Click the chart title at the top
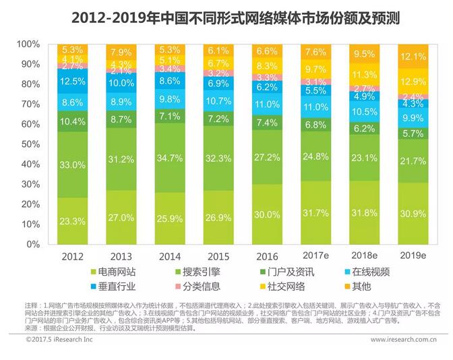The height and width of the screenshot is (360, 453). [x=226, y=16]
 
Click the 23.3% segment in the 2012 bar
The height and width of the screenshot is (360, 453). [x=73, y=220]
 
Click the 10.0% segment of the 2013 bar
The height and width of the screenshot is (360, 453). [x=121, y=83]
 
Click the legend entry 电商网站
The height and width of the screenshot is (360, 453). [x=116, y=272]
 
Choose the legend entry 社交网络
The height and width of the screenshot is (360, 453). [x=284, y=287]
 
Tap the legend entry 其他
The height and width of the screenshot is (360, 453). [x=358, y=287]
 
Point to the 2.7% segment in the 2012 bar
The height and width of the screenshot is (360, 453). [x=73, y=66]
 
